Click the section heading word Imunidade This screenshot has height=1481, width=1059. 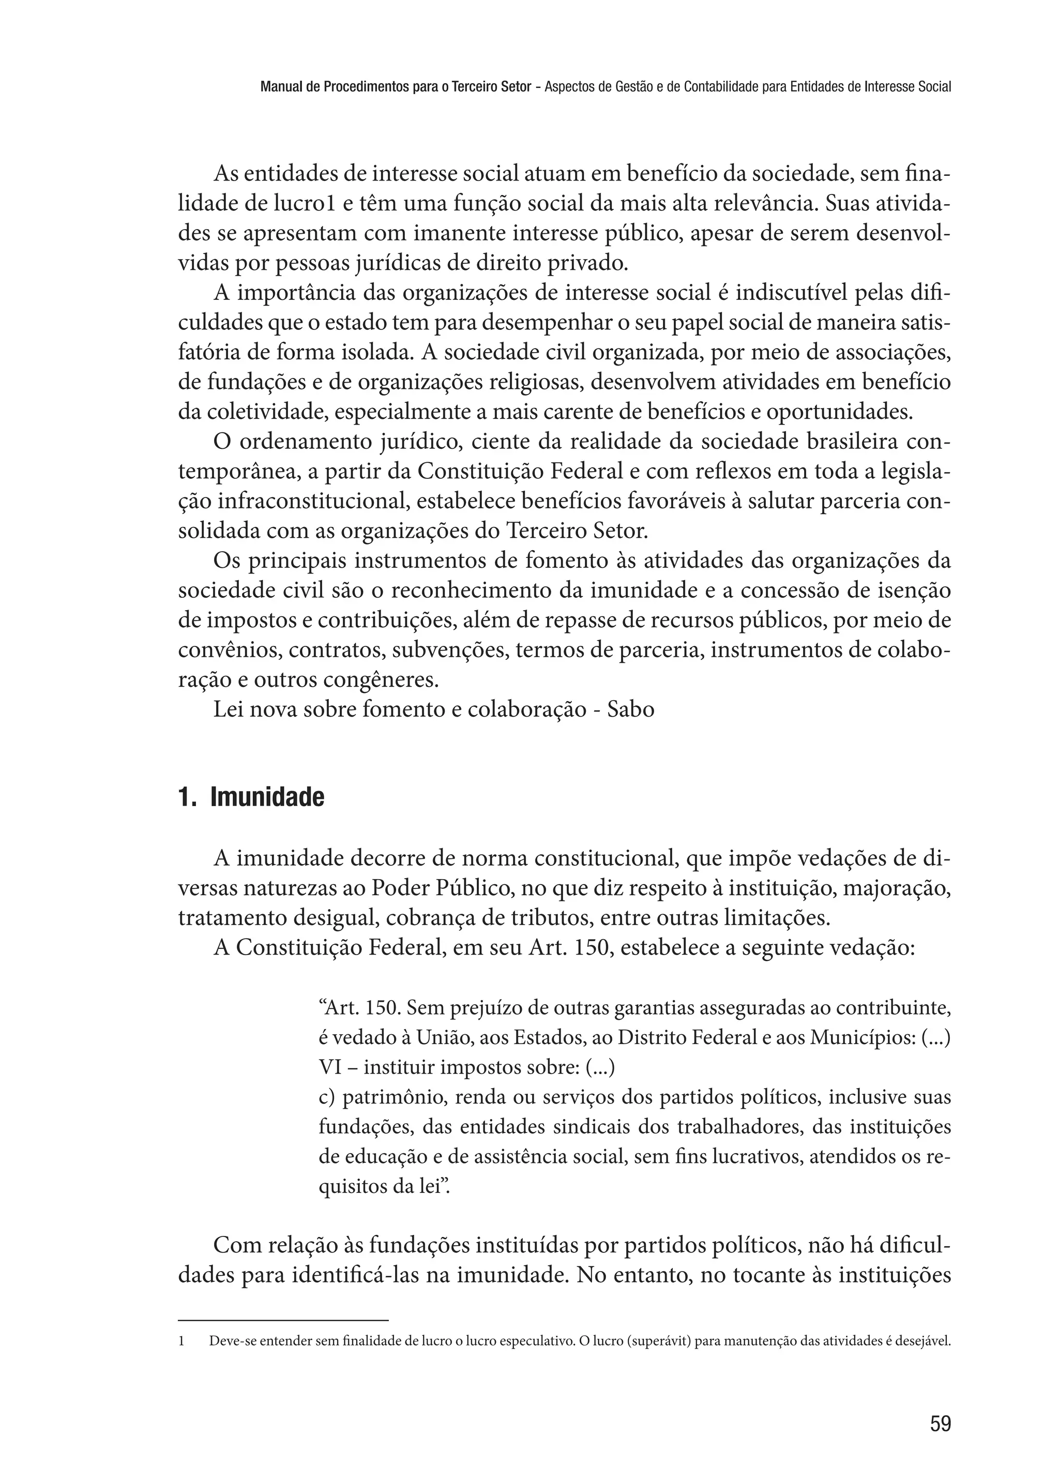point(267,797)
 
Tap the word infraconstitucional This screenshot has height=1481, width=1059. point(312,502)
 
